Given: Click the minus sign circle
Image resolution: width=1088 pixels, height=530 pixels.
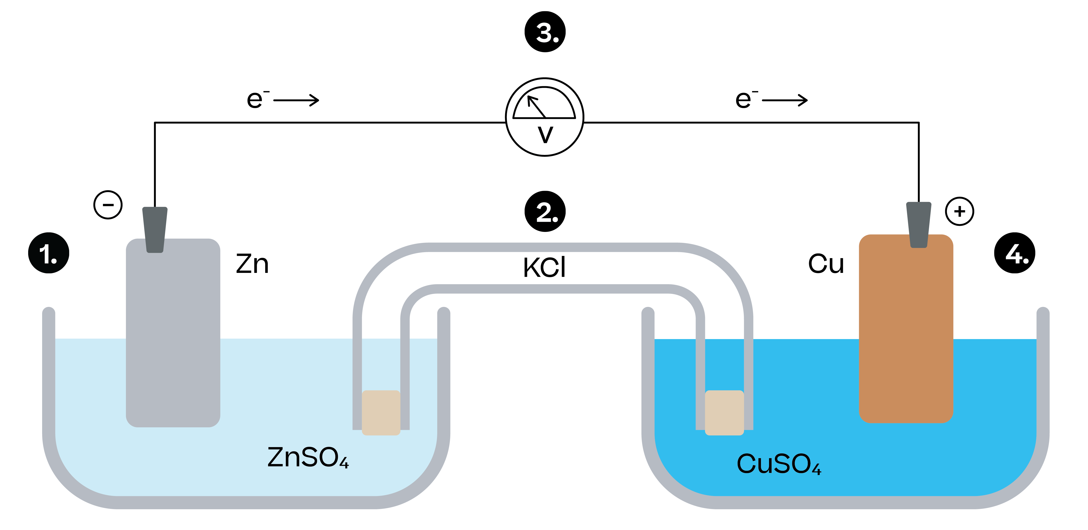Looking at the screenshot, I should point(108,205).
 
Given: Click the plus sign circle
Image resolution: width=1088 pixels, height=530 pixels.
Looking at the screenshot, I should point(960,211).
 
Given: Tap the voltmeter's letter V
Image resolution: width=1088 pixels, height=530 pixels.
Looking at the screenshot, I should point(545,135).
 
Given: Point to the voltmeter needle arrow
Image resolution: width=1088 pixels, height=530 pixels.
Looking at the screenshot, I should point(536,106).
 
